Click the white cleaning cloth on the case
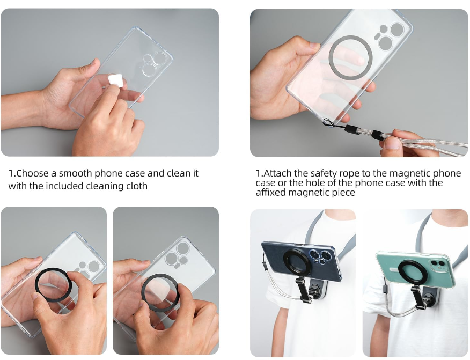[x=115, y=80]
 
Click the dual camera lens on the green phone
[x=438, y=263]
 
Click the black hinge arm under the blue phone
[x=300, y=289]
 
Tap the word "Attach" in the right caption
[x=278, y=173]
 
